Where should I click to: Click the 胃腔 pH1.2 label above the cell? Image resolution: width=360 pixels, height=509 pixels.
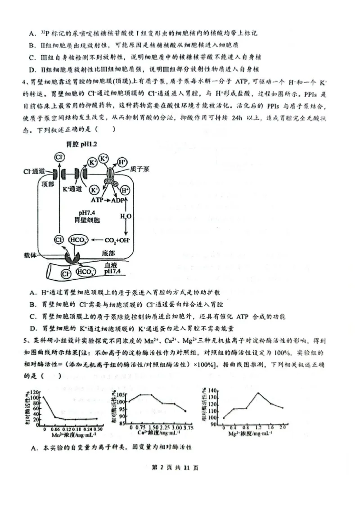coord(82,145)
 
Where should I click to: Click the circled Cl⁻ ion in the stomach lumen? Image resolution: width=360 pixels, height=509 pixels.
coord(58,157)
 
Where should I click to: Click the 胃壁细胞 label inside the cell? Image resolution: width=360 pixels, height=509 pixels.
coord(87,220)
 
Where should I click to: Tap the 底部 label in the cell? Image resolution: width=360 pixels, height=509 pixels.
coord(108,254)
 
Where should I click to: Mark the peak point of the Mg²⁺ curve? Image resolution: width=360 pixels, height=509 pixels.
coord(258,393)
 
